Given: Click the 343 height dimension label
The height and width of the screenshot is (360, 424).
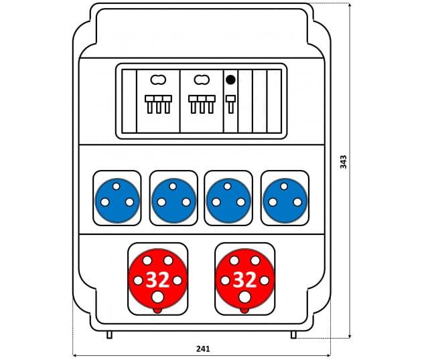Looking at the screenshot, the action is point(343,162).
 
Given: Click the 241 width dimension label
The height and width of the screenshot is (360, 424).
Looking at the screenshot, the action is point(203,349).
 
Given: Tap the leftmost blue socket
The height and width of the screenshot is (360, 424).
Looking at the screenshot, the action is point(117,200).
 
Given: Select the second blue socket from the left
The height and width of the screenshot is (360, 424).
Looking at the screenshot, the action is point(174,200).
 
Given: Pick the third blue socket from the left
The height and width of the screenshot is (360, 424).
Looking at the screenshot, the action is point(228,200).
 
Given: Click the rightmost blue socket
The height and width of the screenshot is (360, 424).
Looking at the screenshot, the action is point(285,200).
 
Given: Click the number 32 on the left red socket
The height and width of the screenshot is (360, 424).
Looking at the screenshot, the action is point(157,280).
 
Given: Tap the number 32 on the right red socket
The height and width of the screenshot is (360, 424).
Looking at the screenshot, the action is point(244,280).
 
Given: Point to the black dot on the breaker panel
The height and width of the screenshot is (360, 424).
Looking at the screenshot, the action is point(230,80).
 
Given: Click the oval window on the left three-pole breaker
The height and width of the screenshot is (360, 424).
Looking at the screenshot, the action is point(158,80).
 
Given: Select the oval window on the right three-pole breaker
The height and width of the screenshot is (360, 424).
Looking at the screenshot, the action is point(202,80).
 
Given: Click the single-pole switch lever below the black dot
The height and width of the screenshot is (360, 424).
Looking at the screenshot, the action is point(230,104).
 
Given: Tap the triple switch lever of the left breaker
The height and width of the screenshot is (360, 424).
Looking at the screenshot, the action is point(159,104).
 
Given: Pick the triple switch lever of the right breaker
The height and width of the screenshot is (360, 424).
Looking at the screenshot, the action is point(202,104).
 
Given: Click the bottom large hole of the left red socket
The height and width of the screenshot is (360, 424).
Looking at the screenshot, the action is point(157,297).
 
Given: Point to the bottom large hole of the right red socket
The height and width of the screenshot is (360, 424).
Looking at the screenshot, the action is point(244,297).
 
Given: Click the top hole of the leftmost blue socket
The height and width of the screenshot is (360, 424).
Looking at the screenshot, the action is point(117,186).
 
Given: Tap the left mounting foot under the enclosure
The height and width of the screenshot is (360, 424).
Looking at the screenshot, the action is point(109,335).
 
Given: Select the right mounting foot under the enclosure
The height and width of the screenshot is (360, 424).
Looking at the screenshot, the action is point(293,335).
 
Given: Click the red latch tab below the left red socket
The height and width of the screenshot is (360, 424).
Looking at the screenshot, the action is point(157,310).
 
